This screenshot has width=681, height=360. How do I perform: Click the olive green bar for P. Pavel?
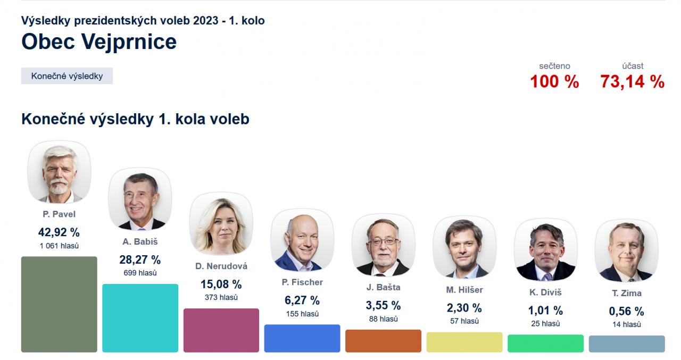coord(59,304)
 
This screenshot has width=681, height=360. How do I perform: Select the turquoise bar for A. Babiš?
coord(140,318)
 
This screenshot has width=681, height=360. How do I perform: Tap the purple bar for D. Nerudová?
coord(221,330)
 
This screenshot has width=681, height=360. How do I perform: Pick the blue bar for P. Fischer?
coord(302,338)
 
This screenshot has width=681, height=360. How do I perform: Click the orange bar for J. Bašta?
coord(383,341)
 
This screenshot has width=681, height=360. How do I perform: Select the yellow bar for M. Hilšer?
coord(464,342)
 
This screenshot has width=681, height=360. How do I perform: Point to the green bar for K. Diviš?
coord(545,343)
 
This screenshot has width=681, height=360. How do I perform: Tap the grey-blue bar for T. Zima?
coord(627,344)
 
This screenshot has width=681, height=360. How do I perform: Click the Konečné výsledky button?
coord(67,76)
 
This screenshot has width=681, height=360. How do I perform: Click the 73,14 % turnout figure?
coord(633,82)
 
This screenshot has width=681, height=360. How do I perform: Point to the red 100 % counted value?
coord(554,82)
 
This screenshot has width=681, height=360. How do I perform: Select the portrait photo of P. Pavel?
coord(59,172)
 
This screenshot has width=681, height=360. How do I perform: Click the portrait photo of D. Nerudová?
coord(221,224)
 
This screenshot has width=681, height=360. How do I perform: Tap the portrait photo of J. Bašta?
coord(383,245)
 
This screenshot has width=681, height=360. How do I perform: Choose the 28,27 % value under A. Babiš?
coord(140,260)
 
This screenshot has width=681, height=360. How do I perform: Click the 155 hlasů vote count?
coord(302,314)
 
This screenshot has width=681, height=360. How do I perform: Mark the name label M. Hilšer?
coord(464,290)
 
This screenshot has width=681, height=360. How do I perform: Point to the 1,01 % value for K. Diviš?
coord(545,311)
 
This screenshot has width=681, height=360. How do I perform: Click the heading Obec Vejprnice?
coord(99,41)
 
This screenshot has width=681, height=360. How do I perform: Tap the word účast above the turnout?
coord(633,66)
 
